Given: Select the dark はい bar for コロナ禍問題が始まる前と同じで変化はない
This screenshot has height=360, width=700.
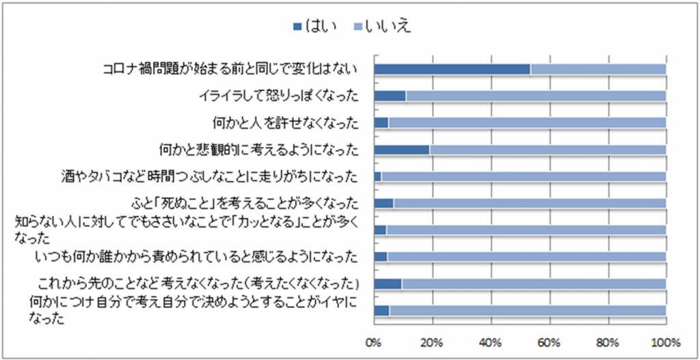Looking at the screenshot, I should (x=452, y=69).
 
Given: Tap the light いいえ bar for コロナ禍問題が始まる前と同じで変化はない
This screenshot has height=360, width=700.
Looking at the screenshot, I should (x=598, y=69).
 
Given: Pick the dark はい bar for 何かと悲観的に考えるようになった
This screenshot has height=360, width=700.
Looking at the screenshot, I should (x=401, y=150).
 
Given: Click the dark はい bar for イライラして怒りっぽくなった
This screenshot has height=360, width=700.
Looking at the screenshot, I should (x=390, y=96).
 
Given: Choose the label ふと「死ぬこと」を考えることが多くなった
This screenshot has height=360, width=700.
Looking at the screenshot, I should (x=244, y=203).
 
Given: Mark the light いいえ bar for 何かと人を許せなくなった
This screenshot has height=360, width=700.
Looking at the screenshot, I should (x=526, y=123).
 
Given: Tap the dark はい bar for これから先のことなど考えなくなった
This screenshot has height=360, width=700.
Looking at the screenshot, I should (x=388, y=283).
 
